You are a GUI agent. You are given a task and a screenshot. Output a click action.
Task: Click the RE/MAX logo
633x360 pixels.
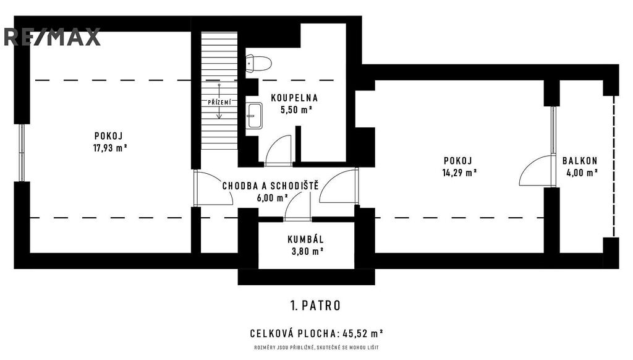click(52, 37)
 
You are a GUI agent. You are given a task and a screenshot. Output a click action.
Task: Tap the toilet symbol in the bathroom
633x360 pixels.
click(258, 64)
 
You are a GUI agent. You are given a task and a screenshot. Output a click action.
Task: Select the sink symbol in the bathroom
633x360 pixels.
click(254, 116)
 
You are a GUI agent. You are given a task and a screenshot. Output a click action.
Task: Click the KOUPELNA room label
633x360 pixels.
click(294, 98)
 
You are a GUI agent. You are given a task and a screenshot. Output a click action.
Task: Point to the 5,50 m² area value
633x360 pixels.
click(297, 109)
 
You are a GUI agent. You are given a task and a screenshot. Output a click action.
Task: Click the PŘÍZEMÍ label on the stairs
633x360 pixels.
click(219, 103)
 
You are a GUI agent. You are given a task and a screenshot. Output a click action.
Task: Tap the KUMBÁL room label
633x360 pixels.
click(305, 239)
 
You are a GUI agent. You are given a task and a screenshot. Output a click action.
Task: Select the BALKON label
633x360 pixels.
click(580, 161)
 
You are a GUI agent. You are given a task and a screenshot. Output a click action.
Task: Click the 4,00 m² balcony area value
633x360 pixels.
click(582, 173)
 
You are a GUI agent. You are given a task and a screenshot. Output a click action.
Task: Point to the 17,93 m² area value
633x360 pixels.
click(110, 148)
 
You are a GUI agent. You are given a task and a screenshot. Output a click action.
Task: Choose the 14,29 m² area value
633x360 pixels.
click(460, 173)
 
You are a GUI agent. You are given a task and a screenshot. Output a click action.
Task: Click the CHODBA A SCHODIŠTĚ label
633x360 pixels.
click(271, 186)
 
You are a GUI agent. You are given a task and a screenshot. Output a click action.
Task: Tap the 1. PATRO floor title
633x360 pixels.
click(315, 306)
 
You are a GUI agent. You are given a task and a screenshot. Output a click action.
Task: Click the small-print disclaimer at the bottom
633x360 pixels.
click(316, 348)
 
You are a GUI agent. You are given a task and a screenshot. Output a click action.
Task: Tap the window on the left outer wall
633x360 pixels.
click(22, 152)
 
